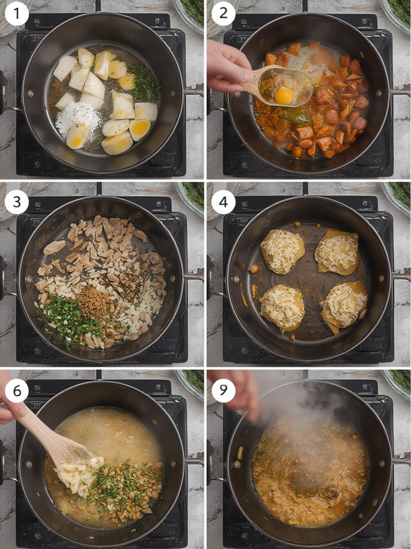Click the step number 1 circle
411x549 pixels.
coord(17,13)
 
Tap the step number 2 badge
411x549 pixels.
coord(223,13)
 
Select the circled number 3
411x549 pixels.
coord(17,202)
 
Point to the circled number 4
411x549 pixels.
coord(223,202)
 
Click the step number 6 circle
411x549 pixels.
coord(17,391)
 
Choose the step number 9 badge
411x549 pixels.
coord(223,391)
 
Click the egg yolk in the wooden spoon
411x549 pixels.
coord(283,96)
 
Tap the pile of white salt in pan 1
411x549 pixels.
coord(78,118)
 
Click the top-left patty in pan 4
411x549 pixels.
coord(282,251)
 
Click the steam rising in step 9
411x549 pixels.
coord(310,410)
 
